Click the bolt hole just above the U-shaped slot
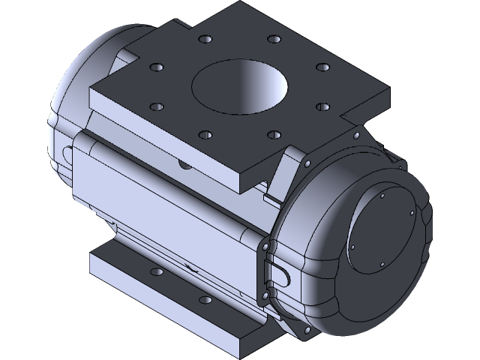click(265, 247)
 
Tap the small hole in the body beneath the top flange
click(181, 161)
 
